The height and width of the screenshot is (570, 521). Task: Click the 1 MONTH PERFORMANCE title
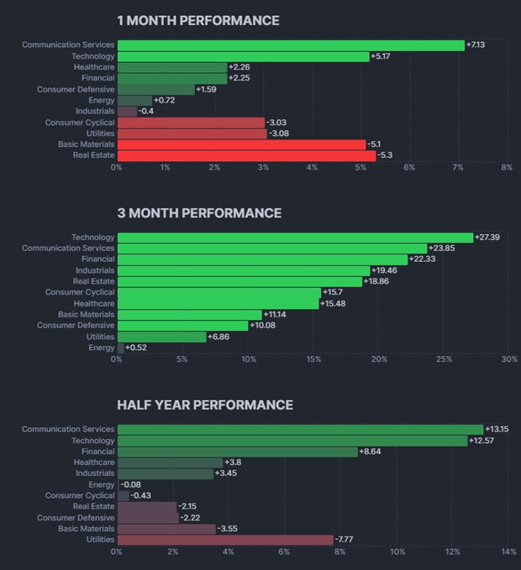pyautogui.click(x=197, y=20)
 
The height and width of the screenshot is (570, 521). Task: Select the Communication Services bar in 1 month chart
pyautogui.click(x=290, y=45)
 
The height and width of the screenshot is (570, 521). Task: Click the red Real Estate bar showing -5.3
pyautogui.click(x=246, y=155)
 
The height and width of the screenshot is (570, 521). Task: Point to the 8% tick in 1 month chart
pyautogui.click(x=506, y=168)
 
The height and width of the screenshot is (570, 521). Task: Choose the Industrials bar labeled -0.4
pyautogui.click(x=127, y=112)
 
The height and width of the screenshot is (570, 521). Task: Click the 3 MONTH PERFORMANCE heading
pyautogui.click(x=199, y=213)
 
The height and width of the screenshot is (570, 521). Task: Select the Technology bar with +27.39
pyautogui.click(x=295, y=238)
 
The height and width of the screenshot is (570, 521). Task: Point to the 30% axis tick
pyautogui.click(x=508, y=359)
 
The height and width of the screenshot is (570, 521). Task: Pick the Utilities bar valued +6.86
pyautogui.click(x=161, y=337)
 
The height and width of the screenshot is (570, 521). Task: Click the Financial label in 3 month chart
pyautogui.click(x=97, y=259)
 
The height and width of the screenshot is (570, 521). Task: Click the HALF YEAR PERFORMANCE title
pyautogui.click(x=205, y=405)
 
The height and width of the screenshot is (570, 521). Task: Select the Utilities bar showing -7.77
pyautogui.click(x=225, y=540)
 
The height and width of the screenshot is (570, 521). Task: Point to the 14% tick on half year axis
pyautogui.click(x=508, y=552)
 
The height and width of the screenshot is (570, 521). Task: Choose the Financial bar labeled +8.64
pyautogui.click(x=237, y=452)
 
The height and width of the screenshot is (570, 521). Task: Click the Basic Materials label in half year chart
pyautogui.click(x=86, y=529)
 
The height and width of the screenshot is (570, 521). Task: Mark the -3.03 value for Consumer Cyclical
pyautogui.click(x=279, y=123)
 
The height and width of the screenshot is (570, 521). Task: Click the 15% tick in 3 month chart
pyautogui.click(x=313, y=359)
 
